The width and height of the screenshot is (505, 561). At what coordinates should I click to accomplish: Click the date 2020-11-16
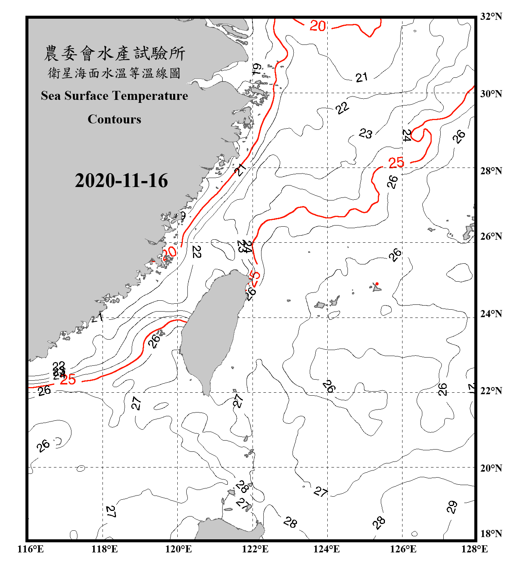point(121,181)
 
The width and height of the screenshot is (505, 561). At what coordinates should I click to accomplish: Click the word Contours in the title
point(114,119)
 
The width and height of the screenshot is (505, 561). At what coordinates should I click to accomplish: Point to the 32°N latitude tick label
point(491,16)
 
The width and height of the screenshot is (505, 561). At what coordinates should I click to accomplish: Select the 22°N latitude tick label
point(491,391)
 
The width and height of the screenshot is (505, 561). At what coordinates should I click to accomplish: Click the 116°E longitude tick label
point(31,549)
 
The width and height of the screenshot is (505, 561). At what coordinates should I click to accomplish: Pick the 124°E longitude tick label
point(327,549)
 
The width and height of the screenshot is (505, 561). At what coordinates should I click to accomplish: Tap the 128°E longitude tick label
point(474,549)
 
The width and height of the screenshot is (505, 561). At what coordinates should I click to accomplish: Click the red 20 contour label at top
point(318,26)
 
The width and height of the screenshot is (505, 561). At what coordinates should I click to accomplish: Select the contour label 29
point(452,507)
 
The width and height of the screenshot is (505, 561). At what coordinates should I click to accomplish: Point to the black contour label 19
point(257,69)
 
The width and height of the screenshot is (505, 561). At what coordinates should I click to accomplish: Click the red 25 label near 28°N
point(396,163)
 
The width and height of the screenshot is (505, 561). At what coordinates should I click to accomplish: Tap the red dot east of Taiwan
point(377,284)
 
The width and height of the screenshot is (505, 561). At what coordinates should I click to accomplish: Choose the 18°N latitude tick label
point(491,534)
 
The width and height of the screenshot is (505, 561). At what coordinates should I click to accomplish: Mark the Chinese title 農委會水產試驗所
point(114,53)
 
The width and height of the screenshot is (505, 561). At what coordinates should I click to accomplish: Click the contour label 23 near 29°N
point(365,133)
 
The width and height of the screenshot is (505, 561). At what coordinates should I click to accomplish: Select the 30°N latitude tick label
point(491,94)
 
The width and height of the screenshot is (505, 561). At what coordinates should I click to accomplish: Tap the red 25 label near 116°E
point(68,380)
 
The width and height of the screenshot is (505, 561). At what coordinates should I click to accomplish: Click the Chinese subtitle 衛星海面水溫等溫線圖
point(114,73)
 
